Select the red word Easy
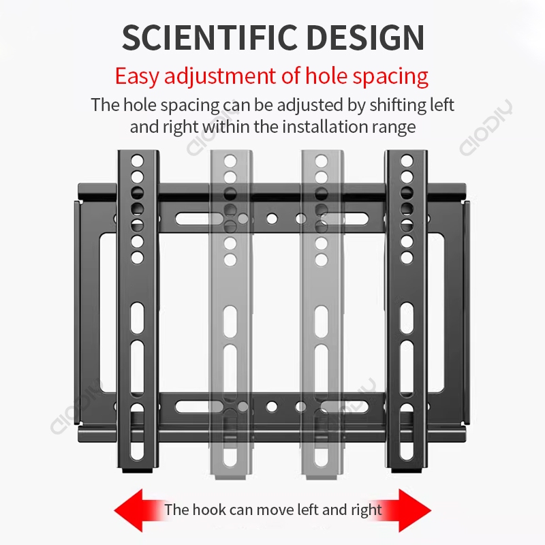click(x=137, y=75)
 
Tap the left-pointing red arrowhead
click(x=133, y=510)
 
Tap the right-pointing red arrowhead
click(x=412, y=510)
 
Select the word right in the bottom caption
click(x=367, y=510)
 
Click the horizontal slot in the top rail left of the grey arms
click(x=192, y=219)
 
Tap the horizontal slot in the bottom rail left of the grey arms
click(x=192, y=407)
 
